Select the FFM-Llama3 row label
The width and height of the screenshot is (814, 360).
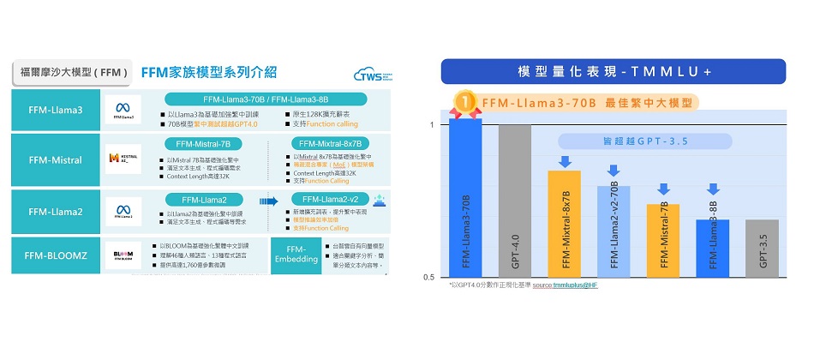tap(56, 111)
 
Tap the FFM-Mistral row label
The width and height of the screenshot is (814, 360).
tap(56, 159)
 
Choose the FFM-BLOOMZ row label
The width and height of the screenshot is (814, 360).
tap(56, 256)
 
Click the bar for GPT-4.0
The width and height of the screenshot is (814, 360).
tap(514, 201)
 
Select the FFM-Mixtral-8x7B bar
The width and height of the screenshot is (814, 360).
tap(564, 224)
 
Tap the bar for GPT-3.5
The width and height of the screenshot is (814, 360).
tap(762, 249)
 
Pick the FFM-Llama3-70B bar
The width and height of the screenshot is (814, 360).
tap(465, 197)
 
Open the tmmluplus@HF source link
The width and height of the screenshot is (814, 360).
tap(575, 285)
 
